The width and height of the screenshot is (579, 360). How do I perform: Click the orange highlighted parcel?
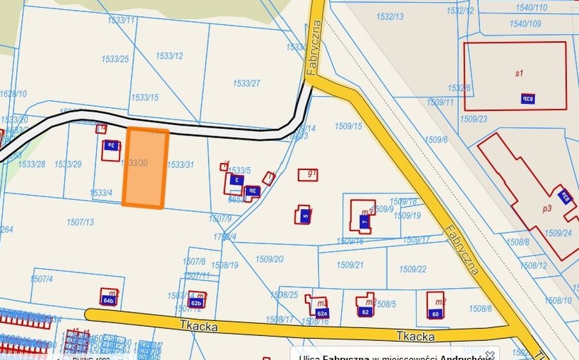145,168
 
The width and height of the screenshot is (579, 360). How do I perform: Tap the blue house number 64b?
108,301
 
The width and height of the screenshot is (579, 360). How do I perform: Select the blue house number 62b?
196,303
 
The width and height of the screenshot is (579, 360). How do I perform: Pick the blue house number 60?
435,313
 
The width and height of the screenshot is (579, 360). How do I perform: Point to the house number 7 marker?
364,222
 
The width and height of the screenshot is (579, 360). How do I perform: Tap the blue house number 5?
304,216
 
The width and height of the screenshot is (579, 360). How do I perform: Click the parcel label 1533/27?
246,83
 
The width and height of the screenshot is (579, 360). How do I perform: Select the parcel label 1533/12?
169,56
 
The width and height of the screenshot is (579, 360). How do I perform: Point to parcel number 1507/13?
80,222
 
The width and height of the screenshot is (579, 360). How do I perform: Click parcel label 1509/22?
412,269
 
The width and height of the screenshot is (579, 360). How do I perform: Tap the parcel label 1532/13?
390,16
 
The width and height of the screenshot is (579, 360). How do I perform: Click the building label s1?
519,72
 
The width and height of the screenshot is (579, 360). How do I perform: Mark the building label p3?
547,208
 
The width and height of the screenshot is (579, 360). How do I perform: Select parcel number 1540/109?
525,23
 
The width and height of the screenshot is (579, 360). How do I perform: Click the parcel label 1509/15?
348,126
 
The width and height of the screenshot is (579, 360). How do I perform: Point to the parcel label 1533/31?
180,164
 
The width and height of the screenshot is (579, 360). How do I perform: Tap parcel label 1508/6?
479,308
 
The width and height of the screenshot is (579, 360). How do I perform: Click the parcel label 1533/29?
68,164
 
